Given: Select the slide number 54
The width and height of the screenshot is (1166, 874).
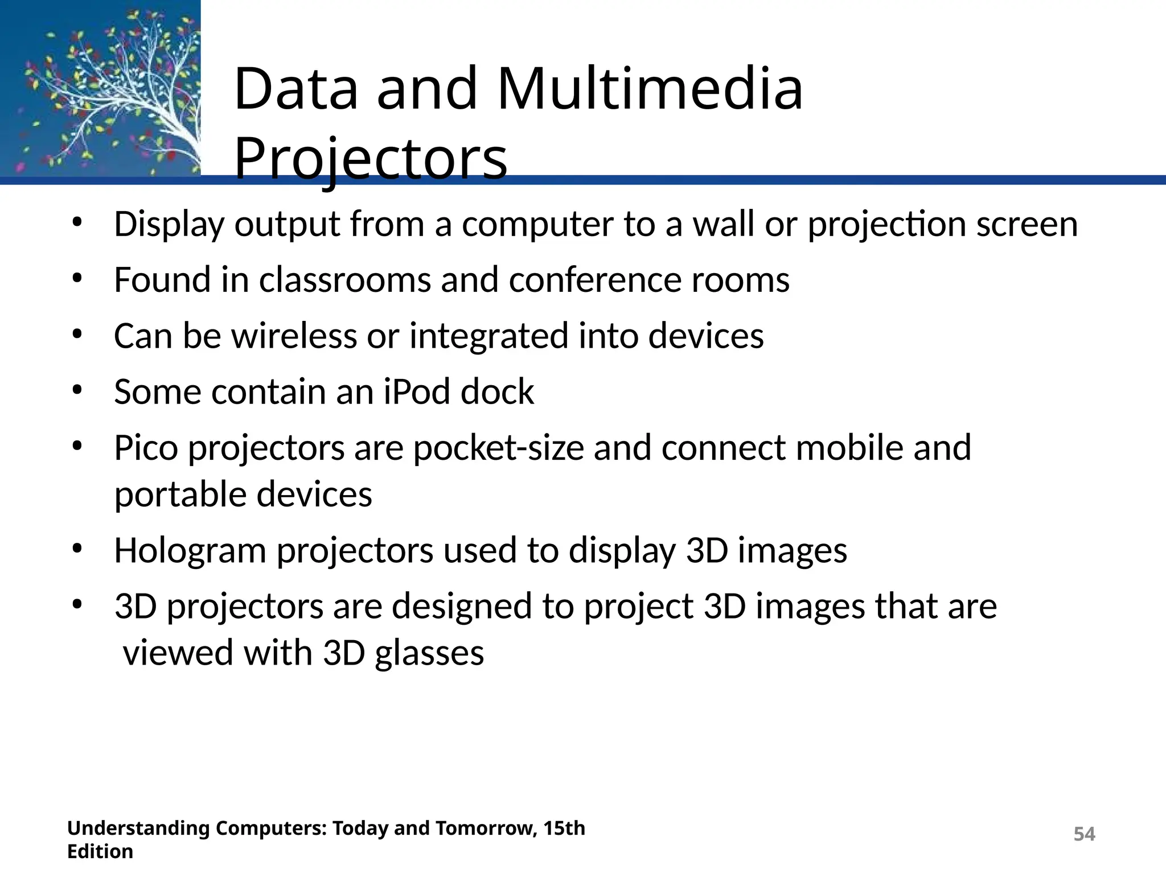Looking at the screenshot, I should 1084,834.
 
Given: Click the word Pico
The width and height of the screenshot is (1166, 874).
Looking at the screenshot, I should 146,448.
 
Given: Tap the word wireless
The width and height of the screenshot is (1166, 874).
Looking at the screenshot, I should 294,336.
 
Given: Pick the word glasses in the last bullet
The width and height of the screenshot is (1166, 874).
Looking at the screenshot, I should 429,653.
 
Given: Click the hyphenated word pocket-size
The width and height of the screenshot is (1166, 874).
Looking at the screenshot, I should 498,448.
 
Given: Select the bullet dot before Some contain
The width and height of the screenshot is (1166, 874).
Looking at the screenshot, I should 77,390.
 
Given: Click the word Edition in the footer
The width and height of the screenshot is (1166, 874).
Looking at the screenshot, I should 100,852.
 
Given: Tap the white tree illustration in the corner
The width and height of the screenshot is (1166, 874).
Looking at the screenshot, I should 131,91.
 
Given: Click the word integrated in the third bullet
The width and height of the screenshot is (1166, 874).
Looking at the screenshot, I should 488,336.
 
